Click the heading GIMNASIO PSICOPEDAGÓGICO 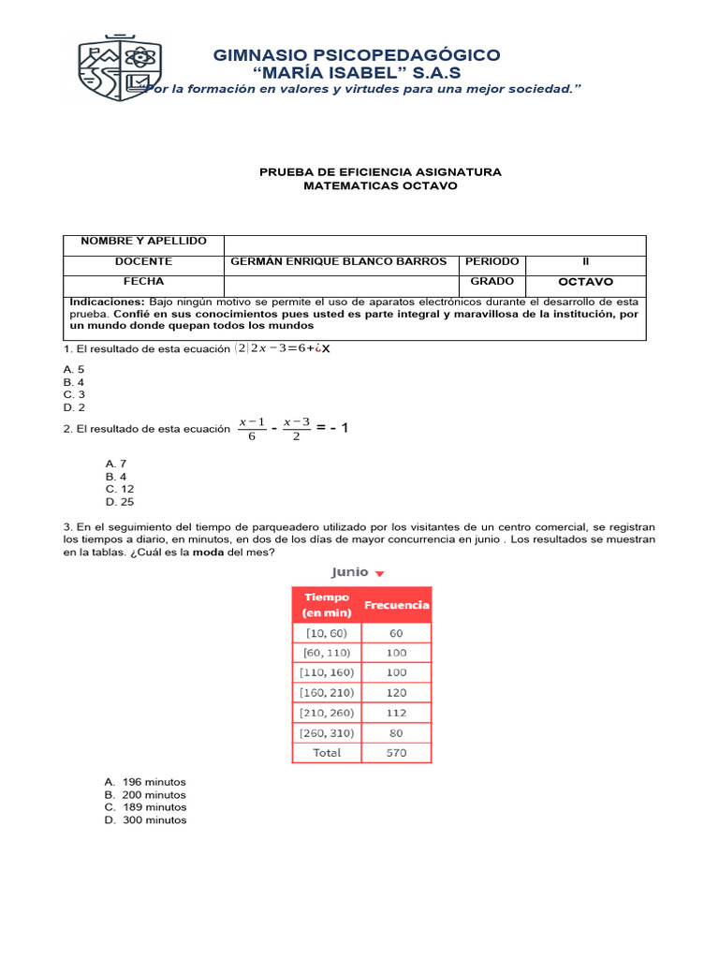point(357,55)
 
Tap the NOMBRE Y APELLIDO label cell point(143,242)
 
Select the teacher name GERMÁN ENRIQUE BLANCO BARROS point(338,262)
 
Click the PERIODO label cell point(492,262)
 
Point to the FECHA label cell point(143,282)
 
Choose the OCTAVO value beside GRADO point(585,282)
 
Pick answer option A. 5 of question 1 point(74,370)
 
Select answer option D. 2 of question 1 point(74,407)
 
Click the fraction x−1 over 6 point(252,429)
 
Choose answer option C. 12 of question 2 point(120,489)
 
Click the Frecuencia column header point(396,605)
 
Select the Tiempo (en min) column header point(326,605)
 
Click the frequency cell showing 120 point(396,692)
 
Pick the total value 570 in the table point(396,752)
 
